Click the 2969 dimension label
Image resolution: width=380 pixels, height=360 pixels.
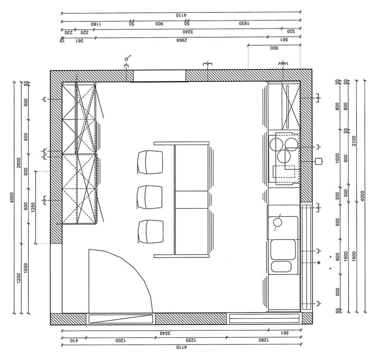(x=182, y=40)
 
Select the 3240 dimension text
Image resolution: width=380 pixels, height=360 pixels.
(x=188, y=32)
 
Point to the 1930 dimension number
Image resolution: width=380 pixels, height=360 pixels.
(x=244, y=23)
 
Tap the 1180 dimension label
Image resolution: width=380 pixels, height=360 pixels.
(x=96, y=24)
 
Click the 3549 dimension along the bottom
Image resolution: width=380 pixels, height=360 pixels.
(x=166, y=333)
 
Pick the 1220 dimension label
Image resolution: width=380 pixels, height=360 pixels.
(x=191, y=340)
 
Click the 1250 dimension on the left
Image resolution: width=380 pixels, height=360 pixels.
(x=33, y=208)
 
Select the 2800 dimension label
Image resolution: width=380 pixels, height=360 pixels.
(x=19, y=163)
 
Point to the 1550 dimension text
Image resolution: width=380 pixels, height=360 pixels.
(x=26, y=268)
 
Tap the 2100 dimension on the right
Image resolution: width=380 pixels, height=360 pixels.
(x=354, y=141)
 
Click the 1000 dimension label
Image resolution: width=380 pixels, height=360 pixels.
(x=338, y=158)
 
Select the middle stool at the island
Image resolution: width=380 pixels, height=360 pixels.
(x=150, y=197)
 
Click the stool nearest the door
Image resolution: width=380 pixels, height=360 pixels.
(x=150, y=232)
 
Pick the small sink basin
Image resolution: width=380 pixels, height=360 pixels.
(x=281, y=266)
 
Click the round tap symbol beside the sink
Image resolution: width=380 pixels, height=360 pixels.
(x=278, y=222)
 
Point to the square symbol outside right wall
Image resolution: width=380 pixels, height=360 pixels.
(x=319, y=162)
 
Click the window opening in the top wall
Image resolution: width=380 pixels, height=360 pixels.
(x=159, y=76)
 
